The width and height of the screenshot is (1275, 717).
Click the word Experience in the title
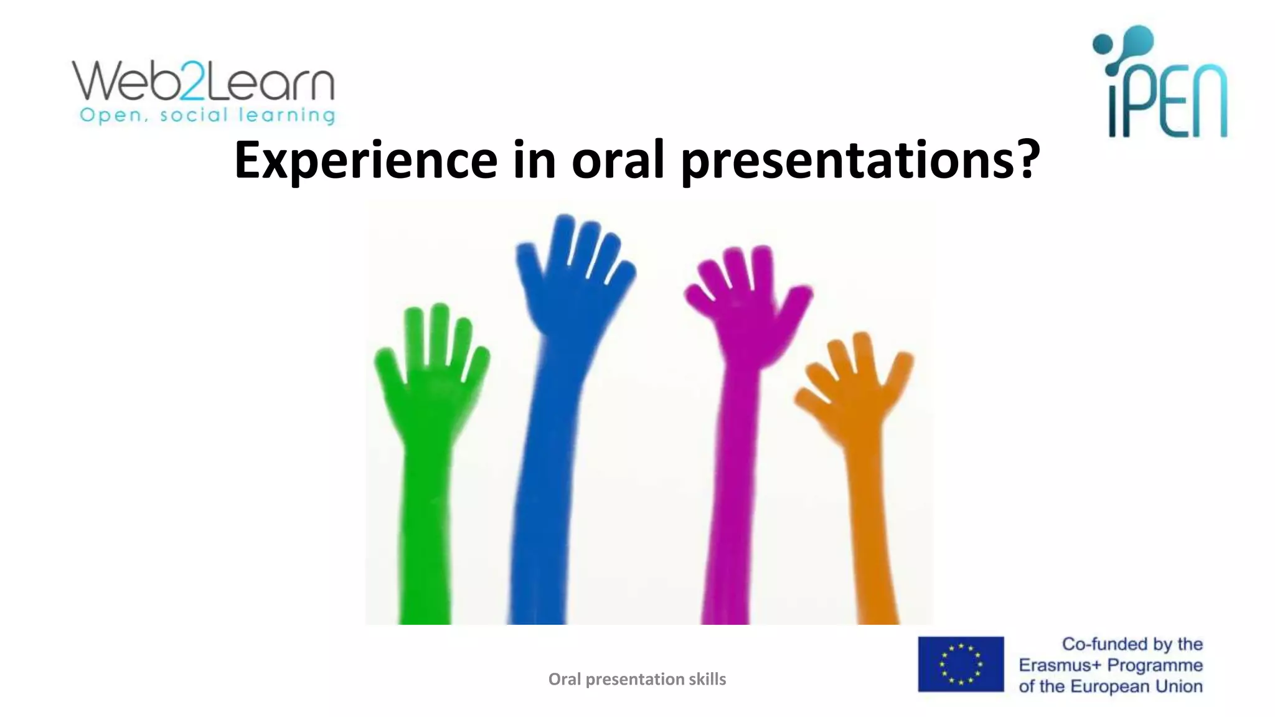coord(365,161)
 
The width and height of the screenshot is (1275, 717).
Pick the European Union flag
coord(961,664)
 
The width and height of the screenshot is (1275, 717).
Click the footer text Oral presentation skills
coord(637,679)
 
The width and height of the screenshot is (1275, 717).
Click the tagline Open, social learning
coord(207,116)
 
